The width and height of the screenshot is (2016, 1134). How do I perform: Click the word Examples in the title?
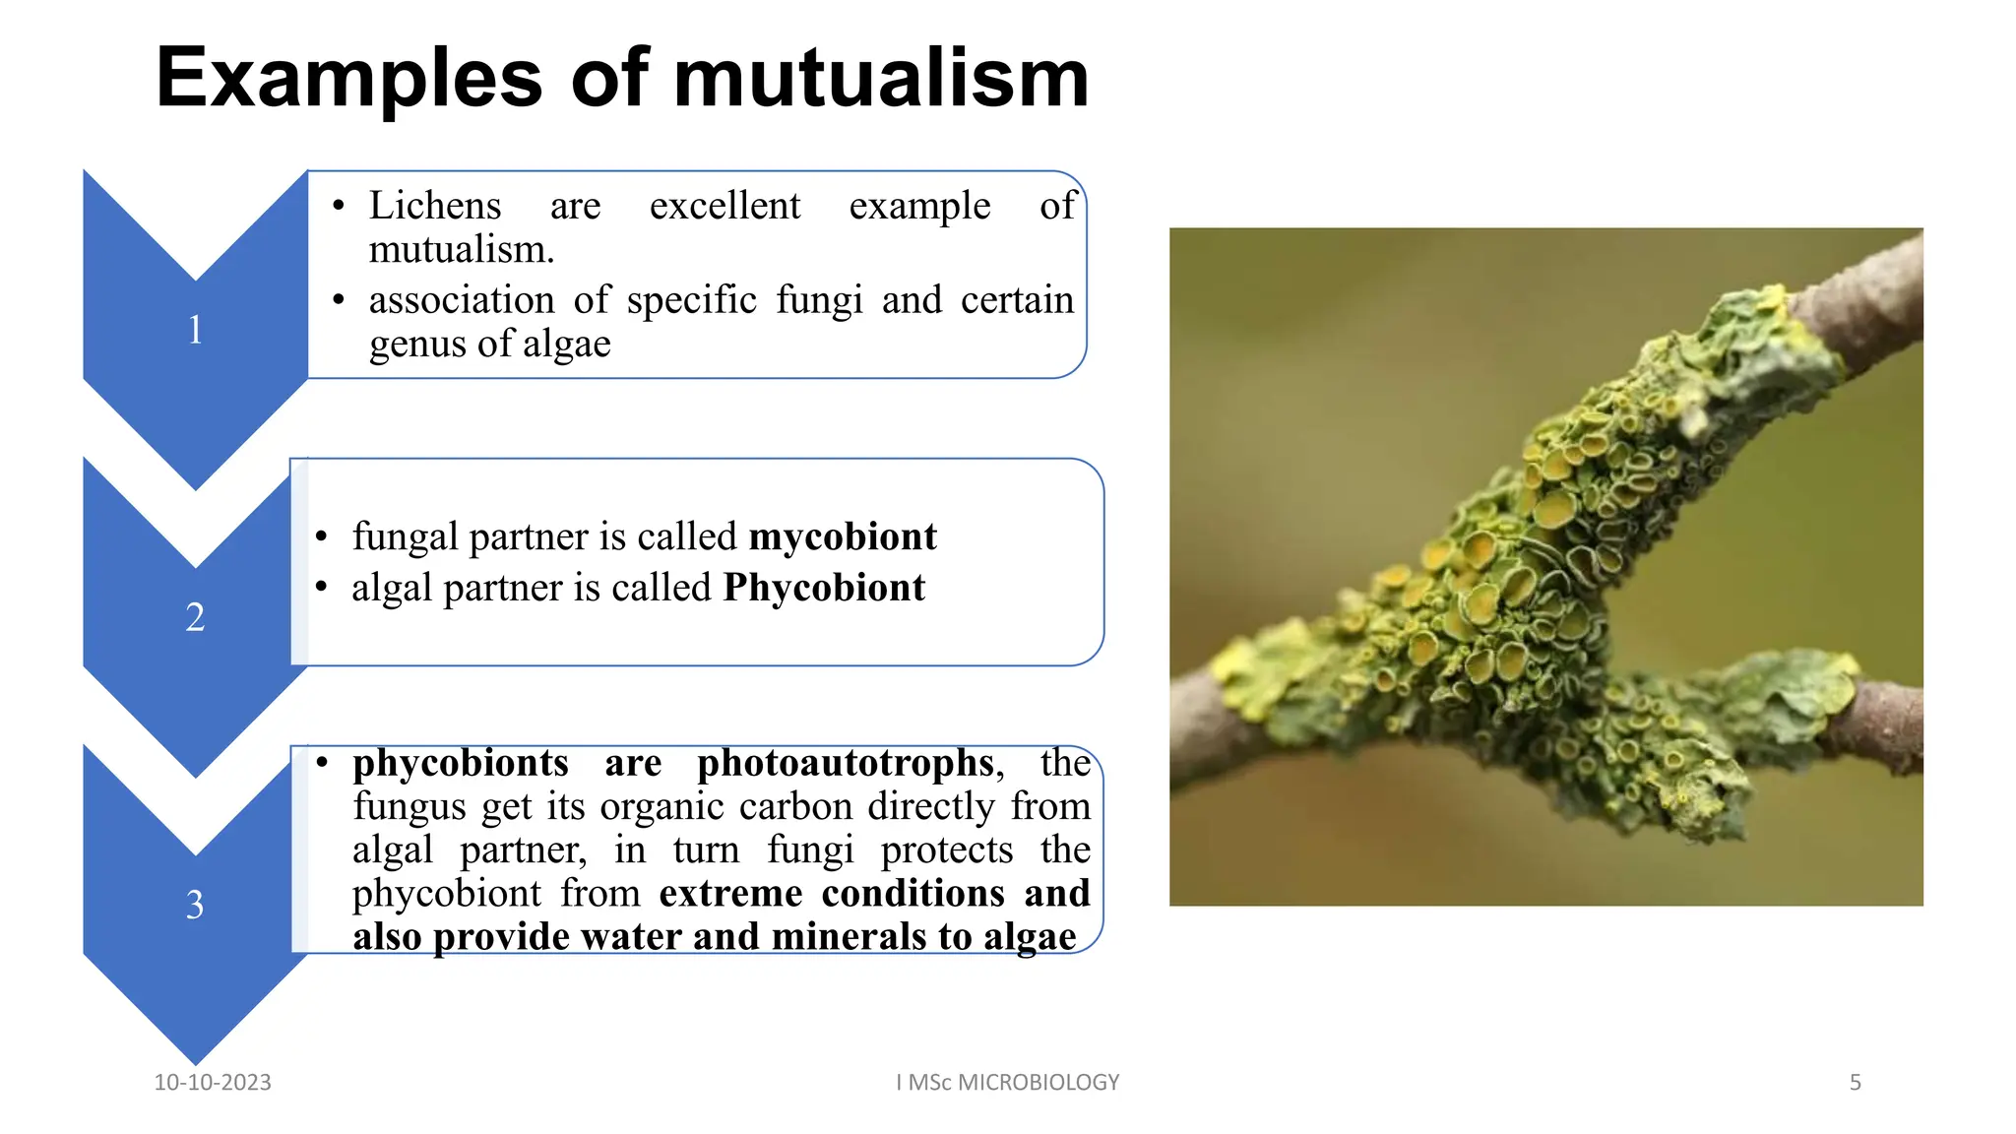pos(348,79)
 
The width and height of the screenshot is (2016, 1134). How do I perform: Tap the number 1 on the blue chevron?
pos(195,330)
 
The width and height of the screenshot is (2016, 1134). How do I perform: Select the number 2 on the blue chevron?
pos(195,617)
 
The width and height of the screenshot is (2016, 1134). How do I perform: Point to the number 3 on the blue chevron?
pos(195,905)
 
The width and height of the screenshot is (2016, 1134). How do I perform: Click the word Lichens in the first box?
pos(435,206)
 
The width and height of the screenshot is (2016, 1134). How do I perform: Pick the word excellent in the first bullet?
pos(724,206)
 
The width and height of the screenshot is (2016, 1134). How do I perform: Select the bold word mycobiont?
pos(843,537)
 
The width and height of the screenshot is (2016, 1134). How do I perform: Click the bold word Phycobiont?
pos(824,589)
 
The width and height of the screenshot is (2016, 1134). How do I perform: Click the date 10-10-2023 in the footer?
pos(213,1083)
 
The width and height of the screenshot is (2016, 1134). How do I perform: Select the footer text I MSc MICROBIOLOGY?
pos(1007,1083)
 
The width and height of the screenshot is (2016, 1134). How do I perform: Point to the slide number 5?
pos(1855,1083)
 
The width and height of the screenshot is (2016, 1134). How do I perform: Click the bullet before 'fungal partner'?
pos(321,537)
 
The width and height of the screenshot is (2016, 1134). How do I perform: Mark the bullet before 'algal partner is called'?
pos(321,589)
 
